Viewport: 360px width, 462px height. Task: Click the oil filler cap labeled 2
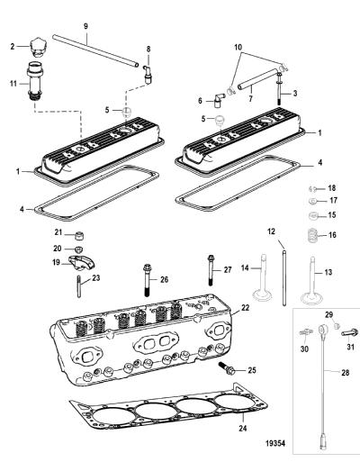click(x=37, y=48)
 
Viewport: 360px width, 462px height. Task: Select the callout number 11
click(x=13, y=83)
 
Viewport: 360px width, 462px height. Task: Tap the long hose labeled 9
click(x=95, y=50)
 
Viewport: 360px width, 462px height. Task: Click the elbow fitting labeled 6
click(x=219, y=101)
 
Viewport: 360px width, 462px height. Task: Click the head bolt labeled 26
click(x=147, y=280)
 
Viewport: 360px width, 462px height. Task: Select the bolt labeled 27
click(x=211, y=270)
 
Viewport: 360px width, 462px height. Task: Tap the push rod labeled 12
click(x=284, y=276)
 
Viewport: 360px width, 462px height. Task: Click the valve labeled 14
click(x=263, y=279)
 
